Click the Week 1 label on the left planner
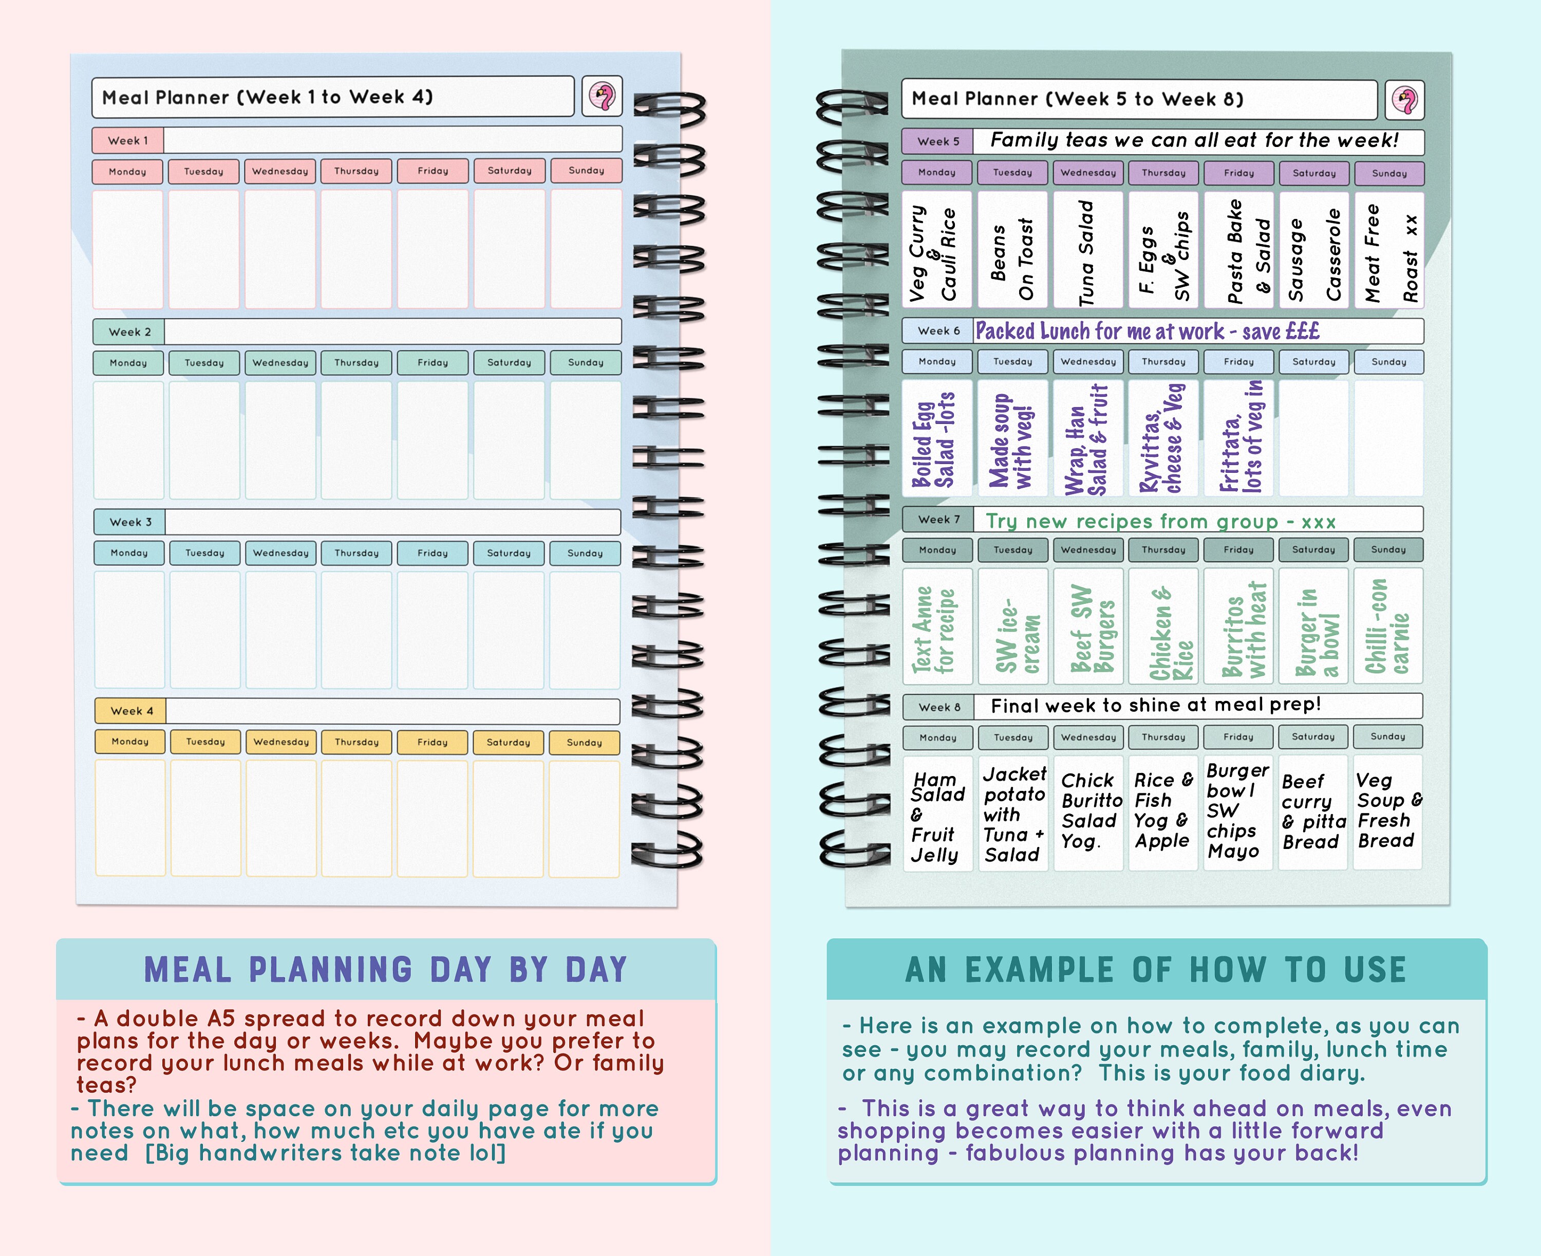(128, 140)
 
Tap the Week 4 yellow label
(131, 710)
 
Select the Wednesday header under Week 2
(280, 362)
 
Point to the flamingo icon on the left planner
(602, 96)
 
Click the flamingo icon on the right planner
(1404, 100)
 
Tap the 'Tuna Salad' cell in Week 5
(1087, 250)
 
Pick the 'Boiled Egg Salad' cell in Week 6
(937, 438)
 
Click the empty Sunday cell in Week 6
(1388, 438)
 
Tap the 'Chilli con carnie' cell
(1388, 626)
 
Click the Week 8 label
(938, 707)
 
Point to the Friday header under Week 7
(1238, 550)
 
